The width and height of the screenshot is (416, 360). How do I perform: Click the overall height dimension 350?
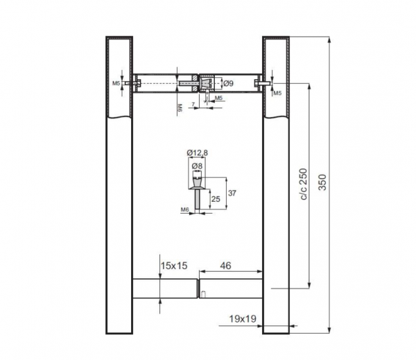(322, 182)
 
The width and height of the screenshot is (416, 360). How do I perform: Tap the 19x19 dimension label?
(243, 318)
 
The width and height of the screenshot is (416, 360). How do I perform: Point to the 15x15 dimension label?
(174, 266)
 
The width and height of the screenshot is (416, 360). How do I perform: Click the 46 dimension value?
(225, 266)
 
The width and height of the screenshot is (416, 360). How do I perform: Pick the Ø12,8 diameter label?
(198, 153)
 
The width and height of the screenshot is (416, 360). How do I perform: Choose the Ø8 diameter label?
(197, 166)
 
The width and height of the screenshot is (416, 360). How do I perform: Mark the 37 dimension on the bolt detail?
(232, 193)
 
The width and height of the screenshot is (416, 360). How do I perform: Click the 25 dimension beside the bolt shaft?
(216, 199)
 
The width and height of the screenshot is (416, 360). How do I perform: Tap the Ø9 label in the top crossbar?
(228, 84)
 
